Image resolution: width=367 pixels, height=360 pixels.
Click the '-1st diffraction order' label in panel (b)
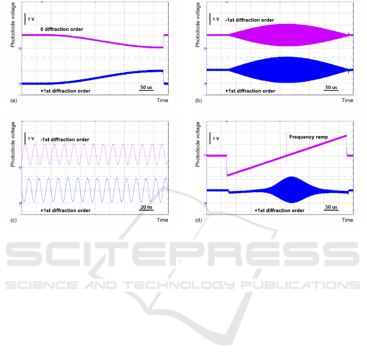250,20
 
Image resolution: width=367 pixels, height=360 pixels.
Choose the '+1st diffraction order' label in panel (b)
250,91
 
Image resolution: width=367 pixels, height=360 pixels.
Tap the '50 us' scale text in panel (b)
331,88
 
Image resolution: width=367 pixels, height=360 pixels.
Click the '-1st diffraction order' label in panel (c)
65,140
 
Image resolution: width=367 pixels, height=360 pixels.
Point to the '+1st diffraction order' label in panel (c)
65,211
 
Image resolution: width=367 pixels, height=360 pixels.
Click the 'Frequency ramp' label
308,137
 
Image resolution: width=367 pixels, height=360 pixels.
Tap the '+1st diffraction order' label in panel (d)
279,211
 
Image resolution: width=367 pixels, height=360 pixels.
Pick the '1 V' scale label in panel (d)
216,139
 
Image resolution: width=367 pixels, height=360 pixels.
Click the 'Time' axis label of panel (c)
162,220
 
